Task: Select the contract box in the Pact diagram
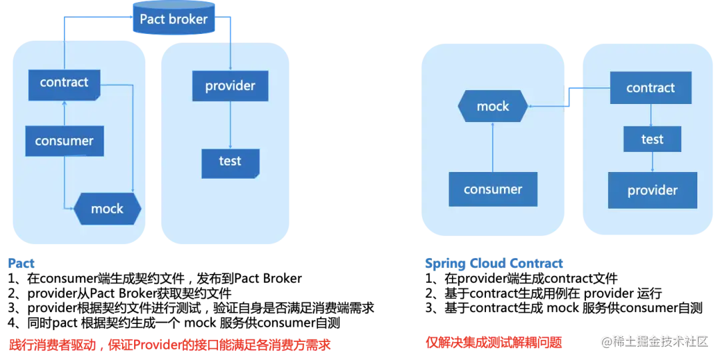pyautogui.click(x=64, y=85)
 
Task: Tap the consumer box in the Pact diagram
pyautogui.click(x=64, y=141)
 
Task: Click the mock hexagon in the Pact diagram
pyautogui.click(x=107, y=209)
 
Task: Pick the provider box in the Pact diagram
pyautogui.click(x=230, y=86)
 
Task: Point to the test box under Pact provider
pyautogui.click(x=231, y=163)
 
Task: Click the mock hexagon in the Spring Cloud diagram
pyautogui.click(x=493, y=106)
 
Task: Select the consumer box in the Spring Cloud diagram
pyautogui.click(x=493, y=189)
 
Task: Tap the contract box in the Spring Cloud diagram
pyautogui.click(x=651, y=87)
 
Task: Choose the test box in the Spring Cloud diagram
pyautogui.click(x=653, y=139)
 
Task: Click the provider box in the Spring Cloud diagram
pyautogui.click(x=653, y=190)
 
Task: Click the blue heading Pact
pyautogui.click(x=21, y=263)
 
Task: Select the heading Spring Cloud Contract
pyautogui.click(x=493, y=263)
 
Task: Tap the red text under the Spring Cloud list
pyautogui.click(x=493, y=342)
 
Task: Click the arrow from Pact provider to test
pyautogui.click(x=230, y=125)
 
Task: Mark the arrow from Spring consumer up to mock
pyautogui.click(x=493, y=147)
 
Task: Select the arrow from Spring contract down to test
pyautogui.click(x=652, y=115)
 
